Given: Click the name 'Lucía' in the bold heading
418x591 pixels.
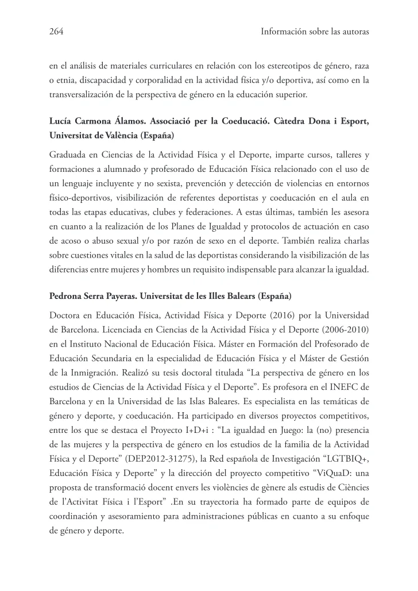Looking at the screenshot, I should [x=62, y=122].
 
